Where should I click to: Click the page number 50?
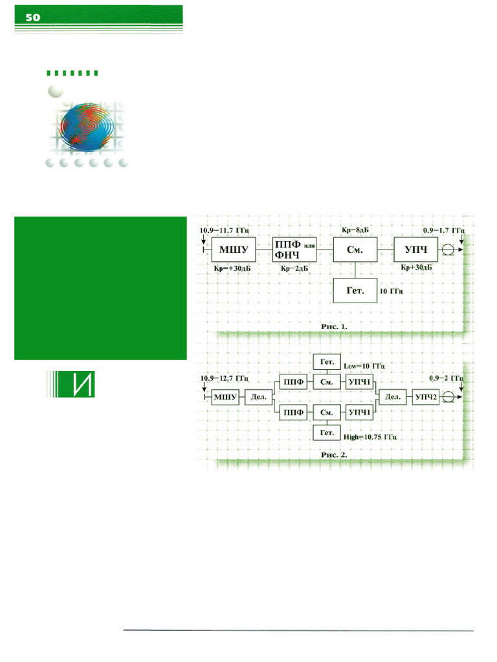[x=32, y=18]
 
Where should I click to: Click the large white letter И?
[x=80, y=385]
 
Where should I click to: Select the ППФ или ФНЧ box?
[x=294, y=248]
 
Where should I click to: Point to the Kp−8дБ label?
[x=355, y=230]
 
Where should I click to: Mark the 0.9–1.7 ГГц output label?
[x=443, y=230]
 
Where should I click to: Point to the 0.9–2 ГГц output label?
[x=447, y=377]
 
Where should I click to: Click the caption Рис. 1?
[x=335, y=327]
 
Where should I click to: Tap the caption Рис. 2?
[x=335, y=454]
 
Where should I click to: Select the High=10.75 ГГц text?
[x=370, y=438]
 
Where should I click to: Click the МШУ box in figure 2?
[x=225, y=397]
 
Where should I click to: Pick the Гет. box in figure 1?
[x=355, y=291]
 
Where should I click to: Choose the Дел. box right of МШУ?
[x=257, y=397]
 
